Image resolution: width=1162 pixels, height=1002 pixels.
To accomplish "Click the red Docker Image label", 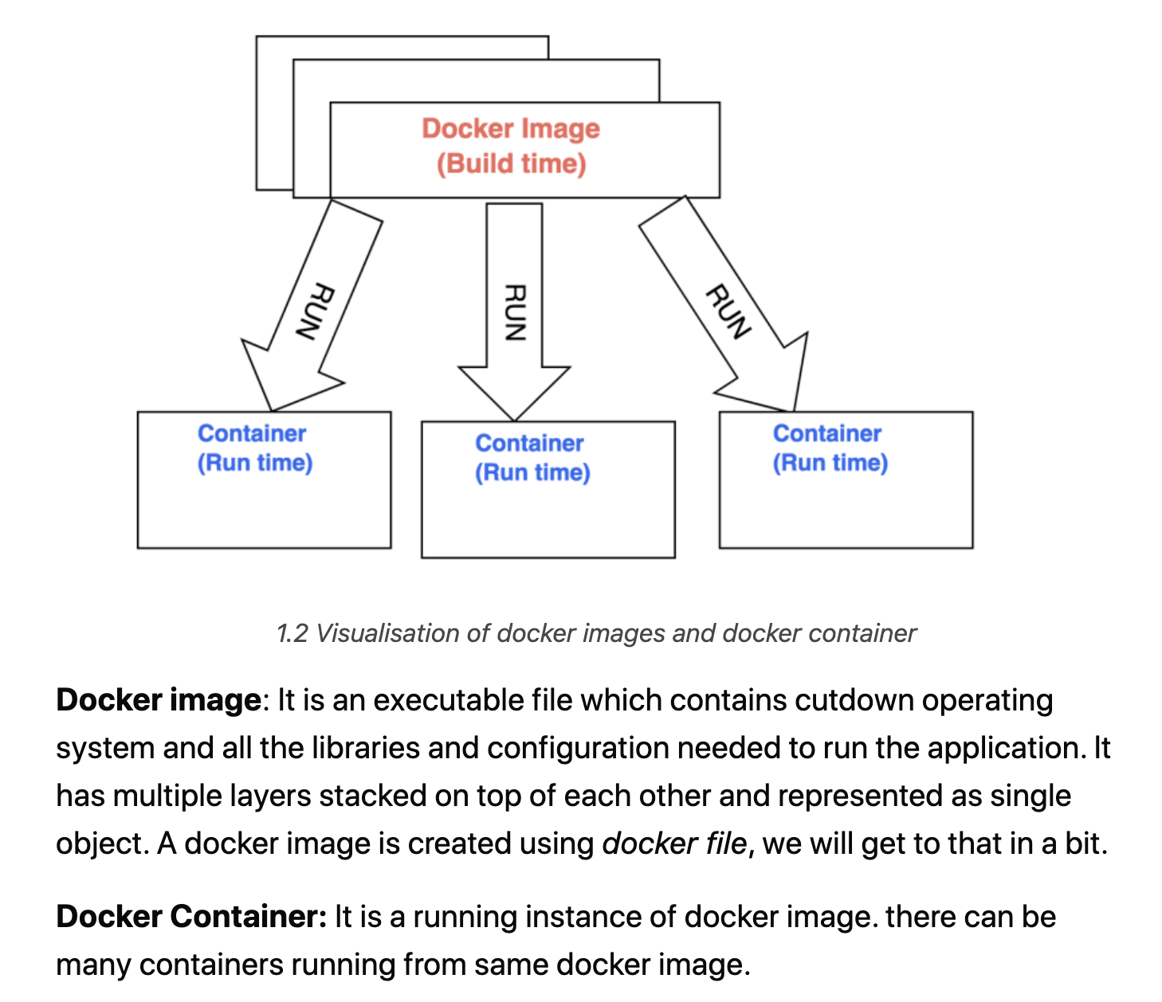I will [511, 129].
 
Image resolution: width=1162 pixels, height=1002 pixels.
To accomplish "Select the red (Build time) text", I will [511, 164].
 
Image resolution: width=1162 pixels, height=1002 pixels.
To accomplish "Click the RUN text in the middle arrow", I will [515, 312].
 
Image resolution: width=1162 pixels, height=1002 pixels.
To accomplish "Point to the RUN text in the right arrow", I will [728, 311].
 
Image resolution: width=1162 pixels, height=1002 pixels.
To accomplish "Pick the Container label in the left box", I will [252, 433].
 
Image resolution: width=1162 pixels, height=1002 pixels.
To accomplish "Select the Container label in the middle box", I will [529, 443].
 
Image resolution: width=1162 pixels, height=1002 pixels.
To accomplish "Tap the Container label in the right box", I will [827, 433].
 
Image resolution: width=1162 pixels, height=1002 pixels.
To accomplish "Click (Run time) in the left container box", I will [255, 463].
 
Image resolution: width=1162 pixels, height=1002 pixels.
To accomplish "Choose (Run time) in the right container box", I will [830, 463].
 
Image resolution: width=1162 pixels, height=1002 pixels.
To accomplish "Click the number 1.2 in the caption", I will [292, 633].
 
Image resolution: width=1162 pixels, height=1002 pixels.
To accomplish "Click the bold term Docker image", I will [159, 700].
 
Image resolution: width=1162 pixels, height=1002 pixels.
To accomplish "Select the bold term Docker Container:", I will [191, 917].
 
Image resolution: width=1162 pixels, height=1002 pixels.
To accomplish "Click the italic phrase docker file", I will [674, 843].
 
